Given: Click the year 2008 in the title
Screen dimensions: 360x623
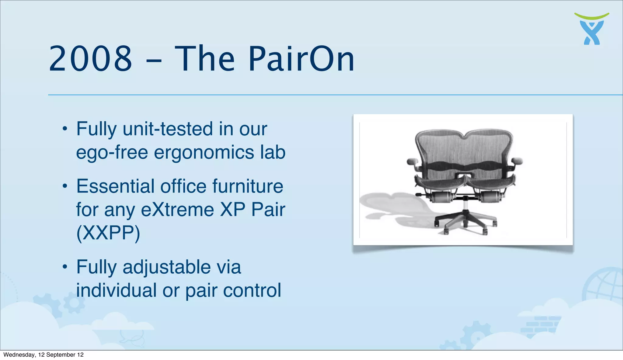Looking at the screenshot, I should click(x=90, y=59).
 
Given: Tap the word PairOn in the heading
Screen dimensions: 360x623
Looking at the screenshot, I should click(x=301, y=59).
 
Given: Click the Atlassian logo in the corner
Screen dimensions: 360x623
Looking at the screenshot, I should click(x=592, y=29).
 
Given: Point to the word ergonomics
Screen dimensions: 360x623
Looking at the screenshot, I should click(x=204, y=152).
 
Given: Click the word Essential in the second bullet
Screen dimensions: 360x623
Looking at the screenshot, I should click(x=115, y=186).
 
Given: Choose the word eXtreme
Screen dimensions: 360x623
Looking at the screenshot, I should click(x=178, y=209).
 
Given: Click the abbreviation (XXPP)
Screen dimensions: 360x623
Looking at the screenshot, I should click(x=108, y=233).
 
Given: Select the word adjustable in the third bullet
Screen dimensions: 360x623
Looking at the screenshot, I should click(x=167, y=267).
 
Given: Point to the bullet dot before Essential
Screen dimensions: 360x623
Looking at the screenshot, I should click(x=64, y=186).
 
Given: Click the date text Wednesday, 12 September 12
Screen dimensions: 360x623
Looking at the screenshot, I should click(x=44, y=355).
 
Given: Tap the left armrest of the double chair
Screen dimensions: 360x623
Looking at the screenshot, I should click(x=413, y=161).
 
